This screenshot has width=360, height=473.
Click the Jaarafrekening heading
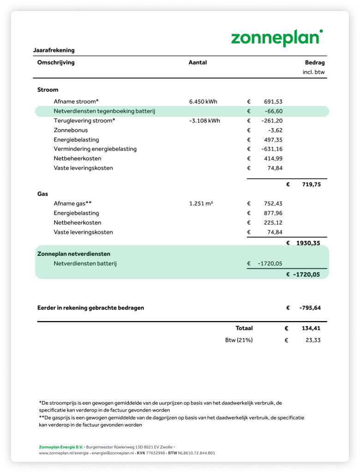point(54,50)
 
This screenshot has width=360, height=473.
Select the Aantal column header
point(198,62)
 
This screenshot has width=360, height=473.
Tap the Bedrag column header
point(315,63)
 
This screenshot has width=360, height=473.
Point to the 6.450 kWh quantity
point(203,102)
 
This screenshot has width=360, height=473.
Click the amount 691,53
point(273,102)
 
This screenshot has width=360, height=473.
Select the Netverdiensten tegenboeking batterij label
point(104,111)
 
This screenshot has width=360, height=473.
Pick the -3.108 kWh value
point(204,121)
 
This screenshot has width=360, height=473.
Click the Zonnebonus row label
point(71,130)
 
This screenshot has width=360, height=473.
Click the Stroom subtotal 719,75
point(311,184)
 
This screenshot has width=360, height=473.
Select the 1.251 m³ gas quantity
point(201,204)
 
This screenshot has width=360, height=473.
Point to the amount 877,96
point(273,213)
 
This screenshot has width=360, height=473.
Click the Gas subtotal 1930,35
point(308,243)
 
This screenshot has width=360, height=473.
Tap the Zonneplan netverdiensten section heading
point(74,254)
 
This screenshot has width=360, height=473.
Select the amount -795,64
point(310,308)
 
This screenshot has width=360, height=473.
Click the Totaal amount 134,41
point(311,328)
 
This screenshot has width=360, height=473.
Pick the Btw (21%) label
point(239,340)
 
